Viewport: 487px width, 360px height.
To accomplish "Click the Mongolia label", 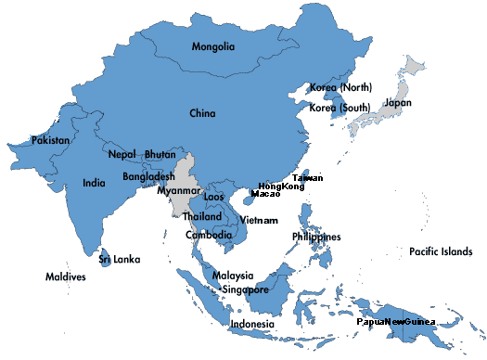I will click(x=212, y=46).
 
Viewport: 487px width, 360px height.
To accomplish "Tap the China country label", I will click(x=202, y=114).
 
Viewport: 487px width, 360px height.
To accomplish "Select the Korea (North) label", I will click(x=340, y=86).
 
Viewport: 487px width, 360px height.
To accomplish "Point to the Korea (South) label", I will click(x=340, y=108).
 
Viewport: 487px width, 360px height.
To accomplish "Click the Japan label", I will click(x=398, y=103).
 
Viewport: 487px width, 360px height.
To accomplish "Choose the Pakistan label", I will click(x=50, y=140).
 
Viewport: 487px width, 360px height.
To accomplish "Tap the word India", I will click(x=93, y=183).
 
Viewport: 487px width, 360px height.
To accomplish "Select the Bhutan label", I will click(x=160, y=154).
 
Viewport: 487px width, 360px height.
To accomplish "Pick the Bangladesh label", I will click(x=148, y=176).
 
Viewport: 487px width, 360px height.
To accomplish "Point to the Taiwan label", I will click(x=308, y=177).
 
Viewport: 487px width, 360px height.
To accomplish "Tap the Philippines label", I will click(x=316, y=237).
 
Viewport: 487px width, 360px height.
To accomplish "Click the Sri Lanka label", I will click(x=120, y=260).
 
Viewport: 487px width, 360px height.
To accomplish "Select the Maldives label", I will click(x=66, y=276).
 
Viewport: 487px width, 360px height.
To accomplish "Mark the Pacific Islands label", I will click(x=442, y=251).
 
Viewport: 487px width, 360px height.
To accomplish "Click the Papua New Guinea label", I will click(x=396, y=321).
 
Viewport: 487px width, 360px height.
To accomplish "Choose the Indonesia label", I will click(x=252, y=324).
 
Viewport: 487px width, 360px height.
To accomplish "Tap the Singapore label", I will click(x=246, y=289).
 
